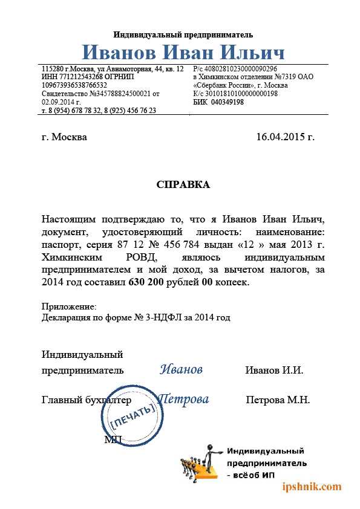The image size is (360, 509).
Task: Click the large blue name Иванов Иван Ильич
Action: coord(183,51)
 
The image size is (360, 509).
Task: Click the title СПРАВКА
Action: coord(183,185)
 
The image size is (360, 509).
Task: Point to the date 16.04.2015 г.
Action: coord(286,137)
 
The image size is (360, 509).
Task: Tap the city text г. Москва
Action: coord(65,137)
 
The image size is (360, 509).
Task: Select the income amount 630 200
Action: coord(148,282)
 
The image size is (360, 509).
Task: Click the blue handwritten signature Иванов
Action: coord(182,369)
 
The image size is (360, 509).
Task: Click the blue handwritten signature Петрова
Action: coord(183,399)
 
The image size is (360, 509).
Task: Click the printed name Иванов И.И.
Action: coord(274,370)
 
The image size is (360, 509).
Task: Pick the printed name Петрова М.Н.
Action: coord(278,400)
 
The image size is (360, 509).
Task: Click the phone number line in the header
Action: coord(99,111)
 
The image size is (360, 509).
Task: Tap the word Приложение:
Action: coord(69,307)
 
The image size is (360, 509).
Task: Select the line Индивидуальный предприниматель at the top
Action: coord(183,34)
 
